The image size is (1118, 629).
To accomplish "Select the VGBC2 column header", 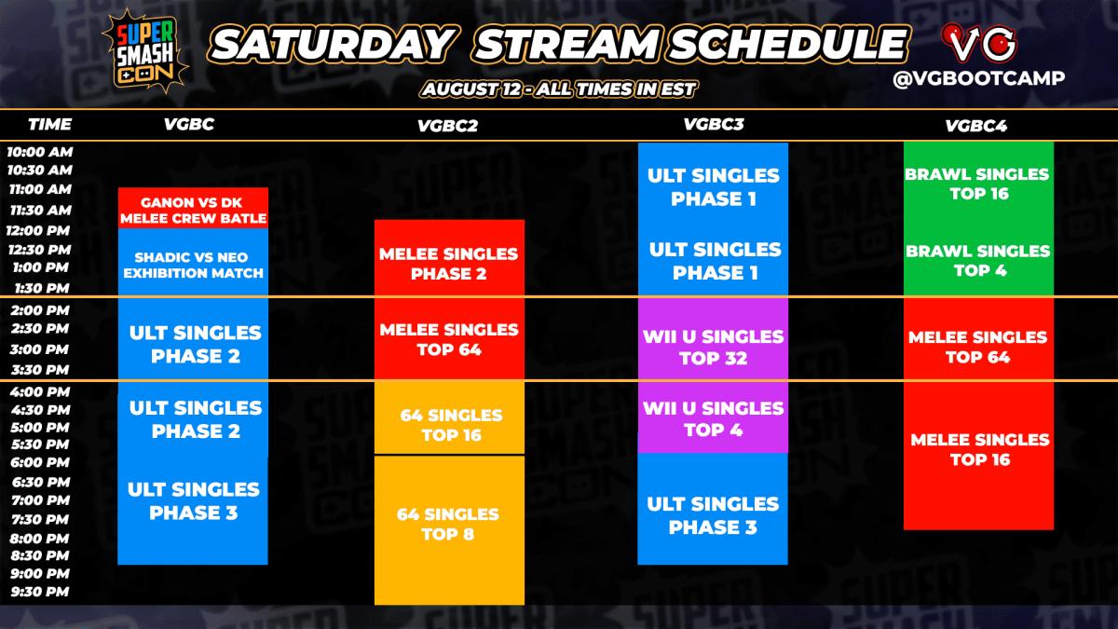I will pyautogui.click(x=448, y=127).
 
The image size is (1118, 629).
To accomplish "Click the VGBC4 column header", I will pyautogui.click(x=975, y=125).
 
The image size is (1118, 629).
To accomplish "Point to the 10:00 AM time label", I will pyautogui.click(x=39, y=151).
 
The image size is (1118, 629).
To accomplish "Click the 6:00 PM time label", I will pyautogui.click(x=39, y=462).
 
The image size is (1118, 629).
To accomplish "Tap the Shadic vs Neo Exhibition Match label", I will pyautogui.click(x=193, y=265).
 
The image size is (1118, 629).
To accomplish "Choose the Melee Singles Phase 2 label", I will pyautogui.click(x=448, y=264).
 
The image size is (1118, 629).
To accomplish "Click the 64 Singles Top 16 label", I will pyautogui.click(x=450, y=425).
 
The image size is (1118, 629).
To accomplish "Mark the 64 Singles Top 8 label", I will pyautogui.click(x=448, y=524).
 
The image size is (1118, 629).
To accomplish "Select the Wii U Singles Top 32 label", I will pyautogui.click(x=713, y=347).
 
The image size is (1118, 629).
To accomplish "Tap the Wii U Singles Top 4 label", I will pyautogui.click(x=713, y=418).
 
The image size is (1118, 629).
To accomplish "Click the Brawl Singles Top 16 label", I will pyautogui.click(x=977, y=184).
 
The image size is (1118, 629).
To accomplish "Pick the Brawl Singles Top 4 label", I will pyautogui.click(x=977, y=260).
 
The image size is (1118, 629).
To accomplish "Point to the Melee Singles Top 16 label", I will pyautogui.click(x=979, y=449).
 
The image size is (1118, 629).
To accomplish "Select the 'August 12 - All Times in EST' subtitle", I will pyautogui.click(x=558, y=89).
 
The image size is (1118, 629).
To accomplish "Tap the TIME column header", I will pyautogui.click(x=49, y=123).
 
